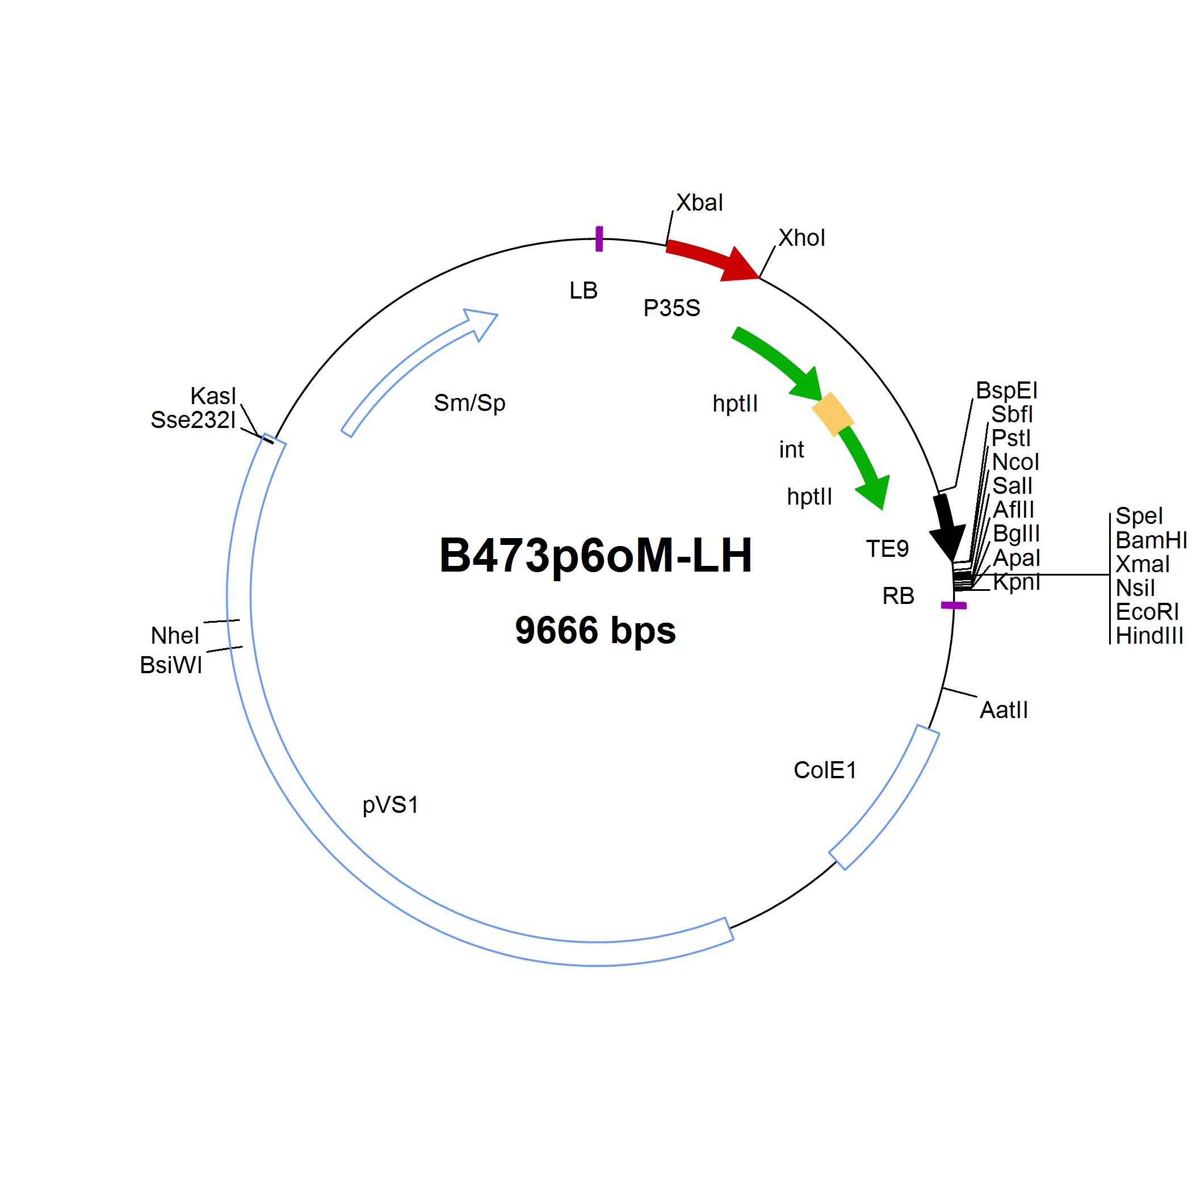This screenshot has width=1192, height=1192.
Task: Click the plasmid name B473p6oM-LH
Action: (595, 556)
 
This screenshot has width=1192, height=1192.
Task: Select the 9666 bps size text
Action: (595, 631)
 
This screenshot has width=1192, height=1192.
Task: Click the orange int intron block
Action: (833, 414)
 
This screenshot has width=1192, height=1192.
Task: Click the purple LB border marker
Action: (599, 239)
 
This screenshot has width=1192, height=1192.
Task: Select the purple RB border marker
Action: (954, 605)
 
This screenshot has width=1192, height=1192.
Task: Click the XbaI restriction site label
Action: (700, 203)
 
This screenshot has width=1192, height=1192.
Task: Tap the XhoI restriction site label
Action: (801, 237)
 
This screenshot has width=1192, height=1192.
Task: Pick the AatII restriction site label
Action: (1004, 710)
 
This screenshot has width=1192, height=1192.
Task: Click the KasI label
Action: (213, 396)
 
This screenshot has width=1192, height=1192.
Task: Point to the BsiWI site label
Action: (171, 665)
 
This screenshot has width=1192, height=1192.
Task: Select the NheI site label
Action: (175, 636)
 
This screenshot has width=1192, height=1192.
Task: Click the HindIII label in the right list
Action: (1149, 636)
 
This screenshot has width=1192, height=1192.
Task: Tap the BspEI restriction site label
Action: (1006, 391)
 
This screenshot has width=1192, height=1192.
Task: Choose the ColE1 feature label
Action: (825, 770)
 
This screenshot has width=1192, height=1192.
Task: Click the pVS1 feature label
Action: (391, 805)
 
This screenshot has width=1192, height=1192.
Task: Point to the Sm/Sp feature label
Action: (469, 403)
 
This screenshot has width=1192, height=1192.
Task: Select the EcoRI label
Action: (1147, 611)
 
